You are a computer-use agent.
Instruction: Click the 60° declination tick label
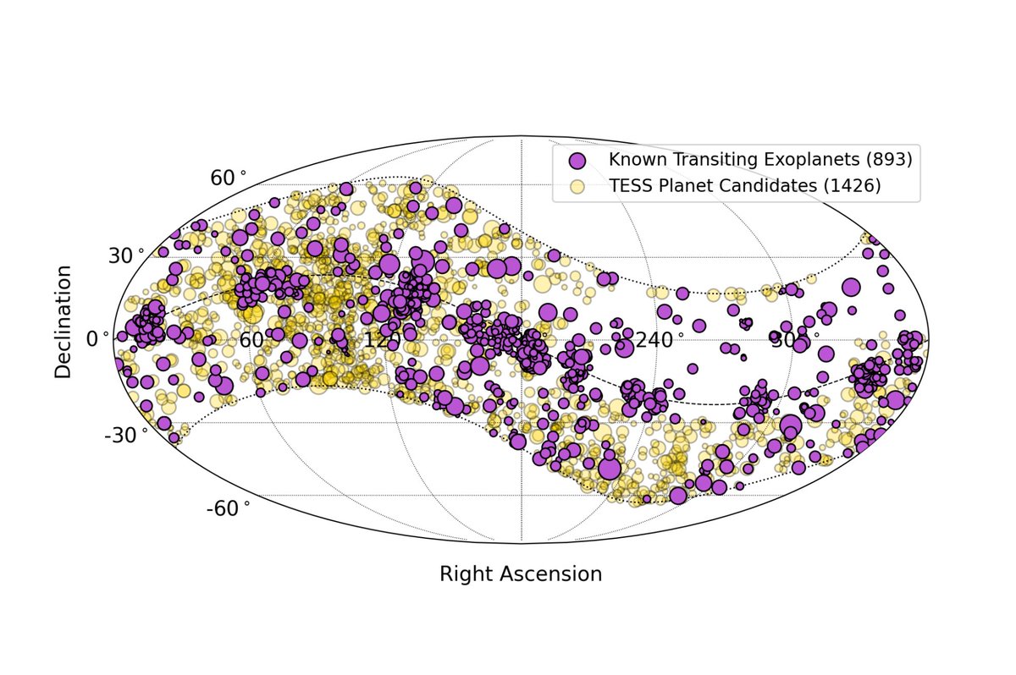228,178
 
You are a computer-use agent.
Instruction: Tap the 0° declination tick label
98,338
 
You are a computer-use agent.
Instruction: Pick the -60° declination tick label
228,508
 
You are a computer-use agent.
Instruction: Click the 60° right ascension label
251,340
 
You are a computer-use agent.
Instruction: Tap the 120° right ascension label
382,340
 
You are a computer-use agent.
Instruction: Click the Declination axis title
63,321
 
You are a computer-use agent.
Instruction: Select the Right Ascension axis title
520,573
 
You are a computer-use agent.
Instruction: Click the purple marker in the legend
577,160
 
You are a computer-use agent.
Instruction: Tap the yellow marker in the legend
577,187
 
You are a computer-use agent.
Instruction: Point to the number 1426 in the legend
852,187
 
